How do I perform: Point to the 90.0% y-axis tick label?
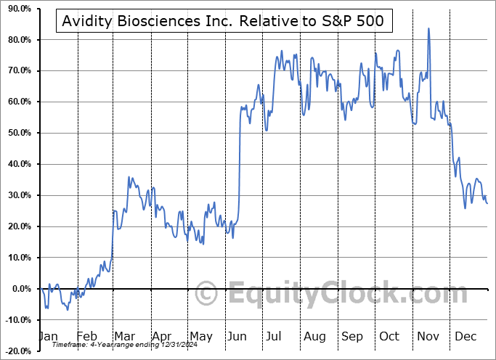(x=17, y=9)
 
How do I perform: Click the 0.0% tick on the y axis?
(x=20, y=290)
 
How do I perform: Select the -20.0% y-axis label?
(x=17, y=352)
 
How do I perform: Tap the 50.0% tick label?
(x=17, y=134)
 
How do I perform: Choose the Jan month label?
(x=48, y=336)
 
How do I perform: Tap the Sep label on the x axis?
(x=352, y=336)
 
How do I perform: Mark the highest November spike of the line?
(x=428, y=28)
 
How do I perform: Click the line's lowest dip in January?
(x=68, y=311)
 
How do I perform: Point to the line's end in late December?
(x=487, y=203)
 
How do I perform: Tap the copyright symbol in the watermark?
(x=207, y=295)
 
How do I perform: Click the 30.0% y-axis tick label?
(x=17, y=196)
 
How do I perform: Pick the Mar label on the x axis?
(x=124, y=336)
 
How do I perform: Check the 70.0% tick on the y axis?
(x=17, y=71)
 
